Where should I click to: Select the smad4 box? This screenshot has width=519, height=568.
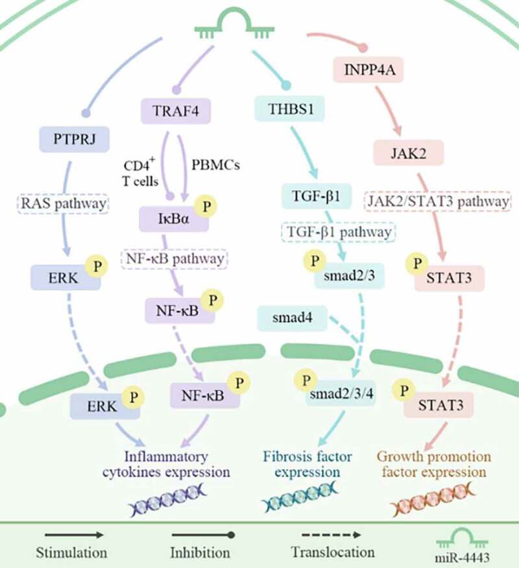pos(286,319)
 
